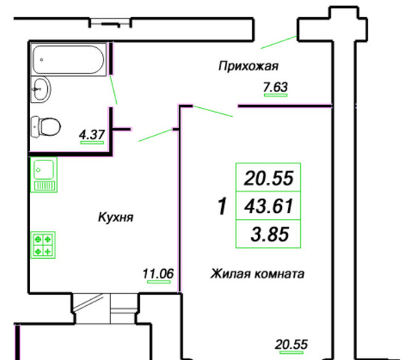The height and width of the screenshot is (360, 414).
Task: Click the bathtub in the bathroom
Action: [x=68, y=60]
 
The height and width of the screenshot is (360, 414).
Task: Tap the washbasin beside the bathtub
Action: [x=41, y=89]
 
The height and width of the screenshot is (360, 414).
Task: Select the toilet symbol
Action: [x=46, y=127]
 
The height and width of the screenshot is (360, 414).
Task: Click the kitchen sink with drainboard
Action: [x=43, y=175]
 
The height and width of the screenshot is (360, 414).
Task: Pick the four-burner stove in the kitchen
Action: [x=43, y=244]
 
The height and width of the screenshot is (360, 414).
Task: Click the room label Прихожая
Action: [x=248, y=66]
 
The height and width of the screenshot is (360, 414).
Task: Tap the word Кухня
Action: [x=115, y=217]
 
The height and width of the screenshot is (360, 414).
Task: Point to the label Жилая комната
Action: [x=257, y=274]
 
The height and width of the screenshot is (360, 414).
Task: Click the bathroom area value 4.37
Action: [x=92, y=135]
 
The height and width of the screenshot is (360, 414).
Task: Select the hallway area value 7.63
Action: [x=275, y=87]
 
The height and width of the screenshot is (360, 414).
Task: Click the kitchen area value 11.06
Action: [x=158, y=273]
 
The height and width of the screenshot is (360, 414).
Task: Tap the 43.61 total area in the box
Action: [x=268, y=206]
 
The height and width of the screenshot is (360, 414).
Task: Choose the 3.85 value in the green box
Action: [x=270, y=234]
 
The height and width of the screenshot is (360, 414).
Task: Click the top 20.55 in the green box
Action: [x=268, y=178]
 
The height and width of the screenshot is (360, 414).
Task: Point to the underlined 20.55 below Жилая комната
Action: [x=291, y=344]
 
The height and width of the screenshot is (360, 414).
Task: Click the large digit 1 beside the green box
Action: [x=222, y=206]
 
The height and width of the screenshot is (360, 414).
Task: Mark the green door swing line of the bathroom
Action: [x=114, y=90]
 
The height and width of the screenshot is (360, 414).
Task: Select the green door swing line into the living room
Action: [x=213, y=111]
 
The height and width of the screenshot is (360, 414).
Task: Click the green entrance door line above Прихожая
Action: [x=279, y=42]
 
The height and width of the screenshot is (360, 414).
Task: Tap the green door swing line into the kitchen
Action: [x=155, y=135]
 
